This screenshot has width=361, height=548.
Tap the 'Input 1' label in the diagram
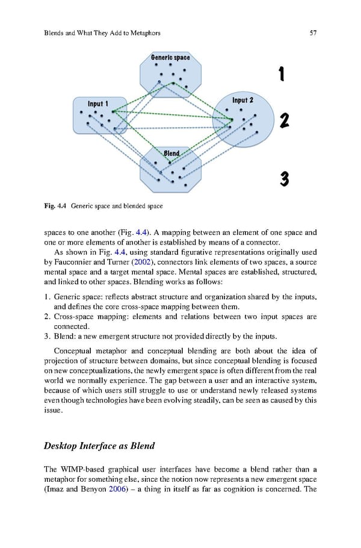point(98,104)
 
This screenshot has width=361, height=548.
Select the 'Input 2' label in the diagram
point(242,99)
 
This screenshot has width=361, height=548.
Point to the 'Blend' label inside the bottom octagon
point(171,154)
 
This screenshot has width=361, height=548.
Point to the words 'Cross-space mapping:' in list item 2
point(86,316)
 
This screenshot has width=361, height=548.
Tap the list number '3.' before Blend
point(48,336)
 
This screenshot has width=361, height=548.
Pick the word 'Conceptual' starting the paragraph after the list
point(75,351)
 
